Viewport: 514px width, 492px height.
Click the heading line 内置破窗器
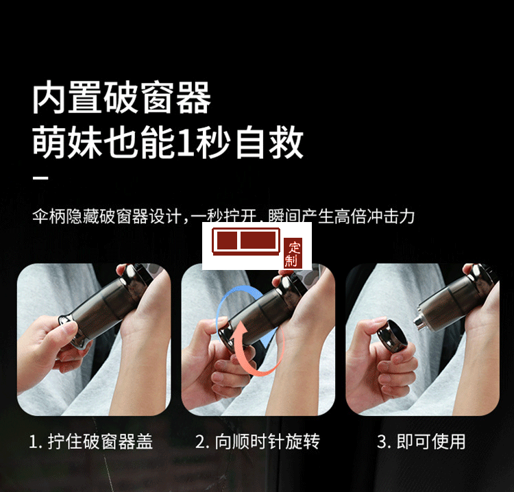coord(121,99)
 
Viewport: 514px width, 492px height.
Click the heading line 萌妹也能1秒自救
coord(168,143)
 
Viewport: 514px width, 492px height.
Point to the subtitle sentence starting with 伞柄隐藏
coord(223,217)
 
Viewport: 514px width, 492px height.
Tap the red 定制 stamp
coord(293,254)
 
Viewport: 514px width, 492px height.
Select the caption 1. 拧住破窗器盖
coord(90,442)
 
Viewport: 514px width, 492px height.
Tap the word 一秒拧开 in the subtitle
coord(223,217)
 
